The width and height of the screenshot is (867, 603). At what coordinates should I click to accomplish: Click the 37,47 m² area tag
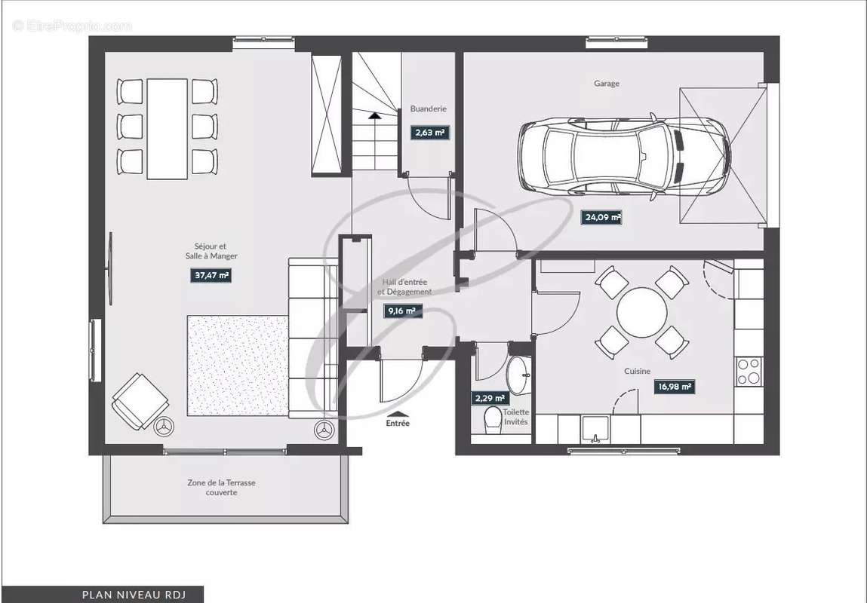pyautogui.click(x=211, y=275)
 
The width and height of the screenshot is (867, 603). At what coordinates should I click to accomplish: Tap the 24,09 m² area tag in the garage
pyautogui.click(x=601, y=217)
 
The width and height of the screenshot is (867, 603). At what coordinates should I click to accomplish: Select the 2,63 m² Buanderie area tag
pyautogui.click(x=429, y=133)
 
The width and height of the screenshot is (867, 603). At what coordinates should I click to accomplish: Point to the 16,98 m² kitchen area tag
pyautogui.click(x=675, y=387)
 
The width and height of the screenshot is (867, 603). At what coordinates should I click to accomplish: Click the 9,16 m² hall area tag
pyautogui.click(x=403, y=311)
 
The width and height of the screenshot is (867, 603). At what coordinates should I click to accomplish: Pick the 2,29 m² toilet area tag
pyautogui.click(x=490, y=398)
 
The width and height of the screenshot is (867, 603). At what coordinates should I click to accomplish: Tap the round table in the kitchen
pyautogui.click(x=642, y=312)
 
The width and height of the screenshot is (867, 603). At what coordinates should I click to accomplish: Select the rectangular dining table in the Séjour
pyautogui.click(x=167, y=129)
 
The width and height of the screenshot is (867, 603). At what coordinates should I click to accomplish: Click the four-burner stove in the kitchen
pyautogui.click(x=749, y=372)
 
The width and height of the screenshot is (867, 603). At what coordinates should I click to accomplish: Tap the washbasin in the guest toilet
pyautogui.click(x=518, y=375)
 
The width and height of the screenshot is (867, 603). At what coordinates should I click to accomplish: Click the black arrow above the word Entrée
pyautogui.click(x=398, y=414)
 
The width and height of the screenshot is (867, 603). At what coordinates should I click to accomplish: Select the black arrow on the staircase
pyautogui.click(x=375, y=115)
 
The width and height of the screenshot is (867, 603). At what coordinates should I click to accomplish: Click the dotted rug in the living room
pyautogui.click(x=238, y=366)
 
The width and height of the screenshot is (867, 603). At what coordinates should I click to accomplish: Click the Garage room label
pyautogui.click(x=607, y=84)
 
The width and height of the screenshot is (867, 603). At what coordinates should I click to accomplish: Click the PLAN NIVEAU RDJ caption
pyautogui.click(x=134, y=595)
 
